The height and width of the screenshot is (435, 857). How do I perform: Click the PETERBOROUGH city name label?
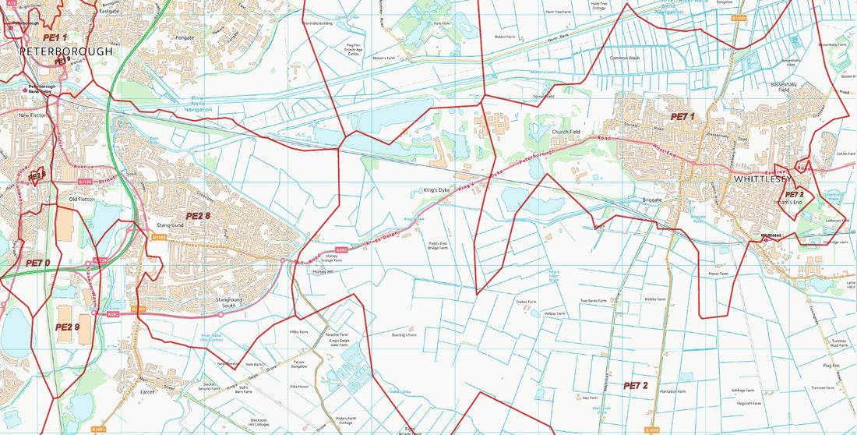pos(65,51)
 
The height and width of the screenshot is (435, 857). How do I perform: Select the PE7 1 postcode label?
pos(682,116)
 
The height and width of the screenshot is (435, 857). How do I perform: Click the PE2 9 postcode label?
pos(68,327)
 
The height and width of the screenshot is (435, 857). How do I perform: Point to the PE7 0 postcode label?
pos(37,263)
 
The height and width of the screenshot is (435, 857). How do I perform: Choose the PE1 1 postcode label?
pos(55,37)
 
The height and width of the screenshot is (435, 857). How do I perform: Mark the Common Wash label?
pos(624,58)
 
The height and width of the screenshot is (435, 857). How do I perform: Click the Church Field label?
pos(566,132)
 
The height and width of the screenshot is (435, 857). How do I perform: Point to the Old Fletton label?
pos(82,200)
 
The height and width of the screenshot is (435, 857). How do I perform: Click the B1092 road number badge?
pos(159,237)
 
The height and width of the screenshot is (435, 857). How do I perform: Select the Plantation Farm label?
pos(672,391)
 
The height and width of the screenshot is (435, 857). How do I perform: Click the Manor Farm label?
pos(718,274)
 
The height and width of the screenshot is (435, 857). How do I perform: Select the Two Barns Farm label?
pos(593,301)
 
